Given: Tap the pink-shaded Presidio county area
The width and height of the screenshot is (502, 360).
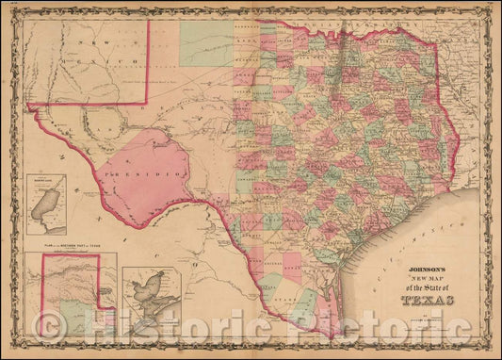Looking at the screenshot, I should tap(155, 160).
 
